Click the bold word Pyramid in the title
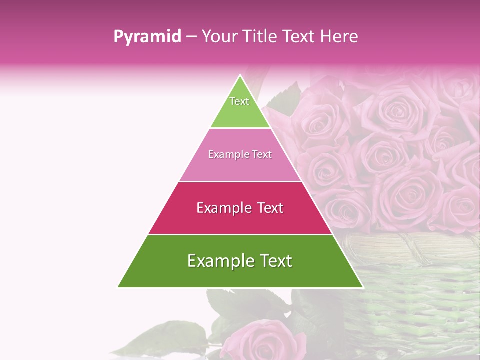(147, 37)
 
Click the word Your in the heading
(220, 37)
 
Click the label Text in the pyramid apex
(239, 101)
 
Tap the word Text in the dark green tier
(274, 261)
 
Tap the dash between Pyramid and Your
(190, 37)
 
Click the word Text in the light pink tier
(261, 154)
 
